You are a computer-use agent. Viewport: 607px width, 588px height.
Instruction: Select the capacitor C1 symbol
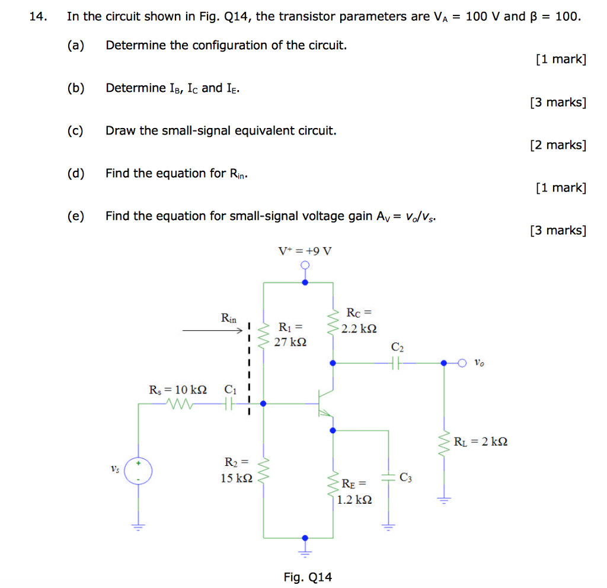point(229,404)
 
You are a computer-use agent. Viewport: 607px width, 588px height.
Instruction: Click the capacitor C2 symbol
point(397,363)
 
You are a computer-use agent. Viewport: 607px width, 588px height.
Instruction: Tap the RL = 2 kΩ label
point(480,442)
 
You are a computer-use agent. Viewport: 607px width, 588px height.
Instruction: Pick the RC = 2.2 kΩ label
point(359,320)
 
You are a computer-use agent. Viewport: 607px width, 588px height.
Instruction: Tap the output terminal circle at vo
point(462,363)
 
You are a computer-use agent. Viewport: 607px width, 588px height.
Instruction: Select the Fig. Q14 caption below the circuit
point(308,577)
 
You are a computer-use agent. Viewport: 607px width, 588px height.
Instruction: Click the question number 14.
point(37,17)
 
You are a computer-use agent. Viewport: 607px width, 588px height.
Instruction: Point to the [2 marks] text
point(558,145)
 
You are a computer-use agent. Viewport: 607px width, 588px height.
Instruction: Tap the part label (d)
point(76,173)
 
